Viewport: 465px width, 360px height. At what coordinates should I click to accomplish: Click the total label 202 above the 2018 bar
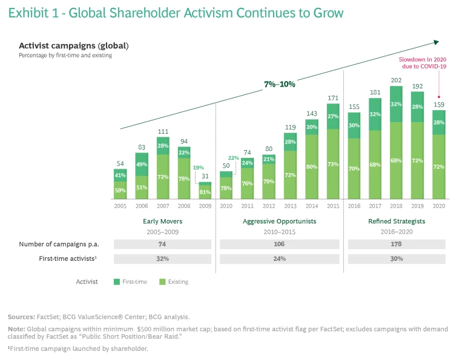[x=396, y=80]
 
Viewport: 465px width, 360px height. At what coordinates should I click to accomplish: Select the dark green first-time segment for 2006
[x=141, y=165]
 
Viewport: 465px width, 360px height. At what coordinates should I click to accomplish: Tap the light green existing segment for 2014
[x=312, y=166]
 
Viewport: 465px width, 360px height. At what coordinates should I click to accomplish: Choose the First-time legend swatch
[x=117, y=281]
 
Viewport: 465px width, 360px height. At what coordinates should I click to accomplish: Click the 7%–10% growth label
[x=280, y=84]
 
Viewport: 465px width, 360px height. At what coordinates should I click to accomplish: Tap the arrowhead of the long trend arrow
[x=435, y=42]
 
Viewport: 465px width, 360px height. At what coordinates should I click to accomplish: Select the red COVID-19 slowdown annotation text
[x=423, y=63]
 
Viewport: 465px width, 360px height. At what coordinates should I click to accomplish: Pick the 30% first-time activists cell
[x=396, y=259]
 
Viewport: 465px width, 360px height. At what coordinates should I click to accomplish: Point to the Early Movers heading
[x=162, y=221]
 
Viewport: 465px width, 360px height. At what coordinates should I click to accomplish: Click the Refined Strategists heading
[x=397, y=221]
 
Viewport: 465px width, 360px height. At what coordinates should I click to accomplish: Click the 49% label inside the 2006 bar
[x=141, y=164]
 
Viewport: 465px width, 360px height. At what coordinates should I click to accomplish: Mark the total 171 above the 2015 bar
[x=333, y=97]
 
